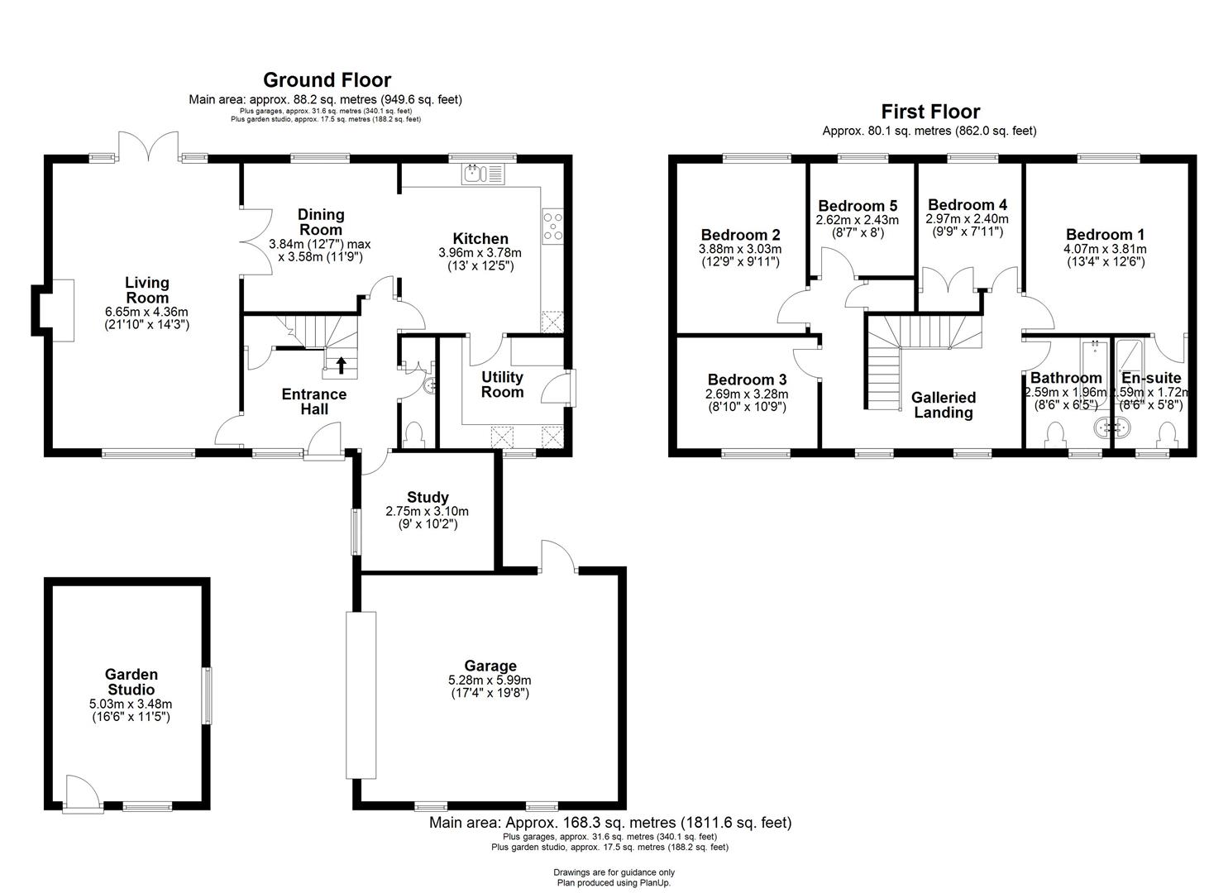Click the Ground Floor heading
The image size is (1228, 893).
[x=327, y=80]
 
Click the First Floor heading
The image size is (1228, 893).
[x=929, y=112]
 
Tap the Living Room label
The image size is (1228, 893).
[x=147, y=290]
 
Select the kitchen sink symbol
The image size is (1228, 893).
[x=482, y=174]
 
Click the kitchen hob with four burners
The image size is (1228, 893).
[x=552, y=226]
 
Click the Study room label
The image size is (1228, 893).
[x=428, y=497]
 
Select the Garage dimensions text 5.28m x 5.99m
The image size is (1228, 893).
[x=490, y=680]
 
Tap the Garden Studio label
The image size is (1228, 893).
[x=131, y=682]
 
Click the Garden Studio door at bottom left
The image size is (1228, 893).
[x=82, y=794]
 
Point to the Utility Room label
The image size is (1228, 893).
[x=503, y=384]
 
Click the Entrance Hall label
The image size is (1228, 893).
[x=314, y=401]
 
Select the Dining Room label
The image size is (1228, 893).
[x=321, y=222]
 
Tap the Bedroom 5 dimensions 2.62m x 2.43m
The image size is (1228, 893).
[x=857, y=220]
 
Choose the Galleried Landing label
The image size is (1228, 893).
[x=944, y=405]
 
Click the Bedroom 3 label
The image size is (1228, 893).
[x=746, y=380]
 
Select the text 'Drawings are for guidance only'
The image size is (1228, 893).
[x=614, y=872]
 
